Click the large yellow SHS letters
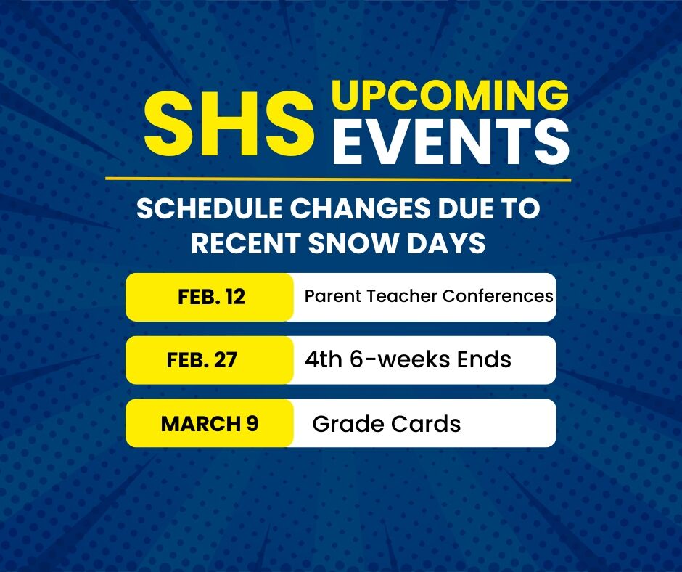click(229, 126)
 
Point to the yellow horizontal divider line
click(338, 179)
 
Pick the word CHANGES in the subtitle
click(360, 208)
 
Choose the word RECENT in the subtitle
click(246, 242)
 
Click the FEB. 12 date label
click(212, 298)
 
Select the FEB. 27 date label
click(202, 360)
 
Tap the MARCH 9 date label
click(210, 424)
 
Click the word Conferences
click(498, 296)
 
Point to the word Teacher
click(401, 296)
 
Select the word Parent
click(333, 296)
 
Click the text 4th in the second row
click(324, 359)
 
